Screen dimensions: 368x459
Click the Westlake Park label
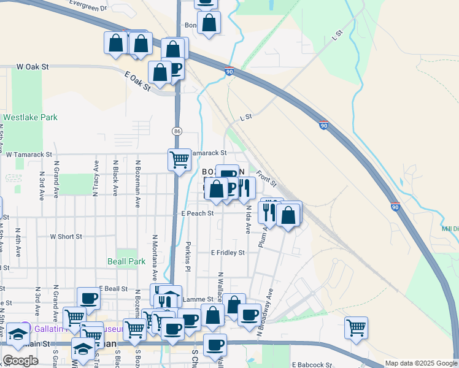[x=30, y=117]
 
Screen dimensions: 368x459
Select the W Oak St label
[x=32, y=66]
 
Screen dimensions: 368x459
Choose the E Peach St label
[x=197, y=213]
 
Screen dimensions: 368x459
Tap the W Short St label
[x=66, y=236]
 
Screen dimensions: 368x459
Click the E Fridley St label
[x=228, y=252]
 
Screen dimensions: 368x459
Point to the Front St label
[x=266, y=179]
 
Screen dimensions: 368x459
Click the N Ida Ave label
[x=249, y=219]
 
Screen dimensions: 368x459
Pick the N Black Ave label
[x=115, y=178]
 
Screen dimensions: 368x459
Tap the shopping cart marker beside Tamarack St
[x=179, y=159]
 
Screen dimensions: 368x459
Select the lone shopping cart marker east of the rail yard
[x=356, y=328]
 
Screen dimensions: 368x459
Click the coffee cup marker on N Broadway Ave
[x=249, y=315]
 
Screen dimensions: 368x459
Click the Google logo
[x=20, y=361]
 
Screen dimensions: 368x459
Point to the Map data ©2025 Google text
[x=420, y=363]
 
